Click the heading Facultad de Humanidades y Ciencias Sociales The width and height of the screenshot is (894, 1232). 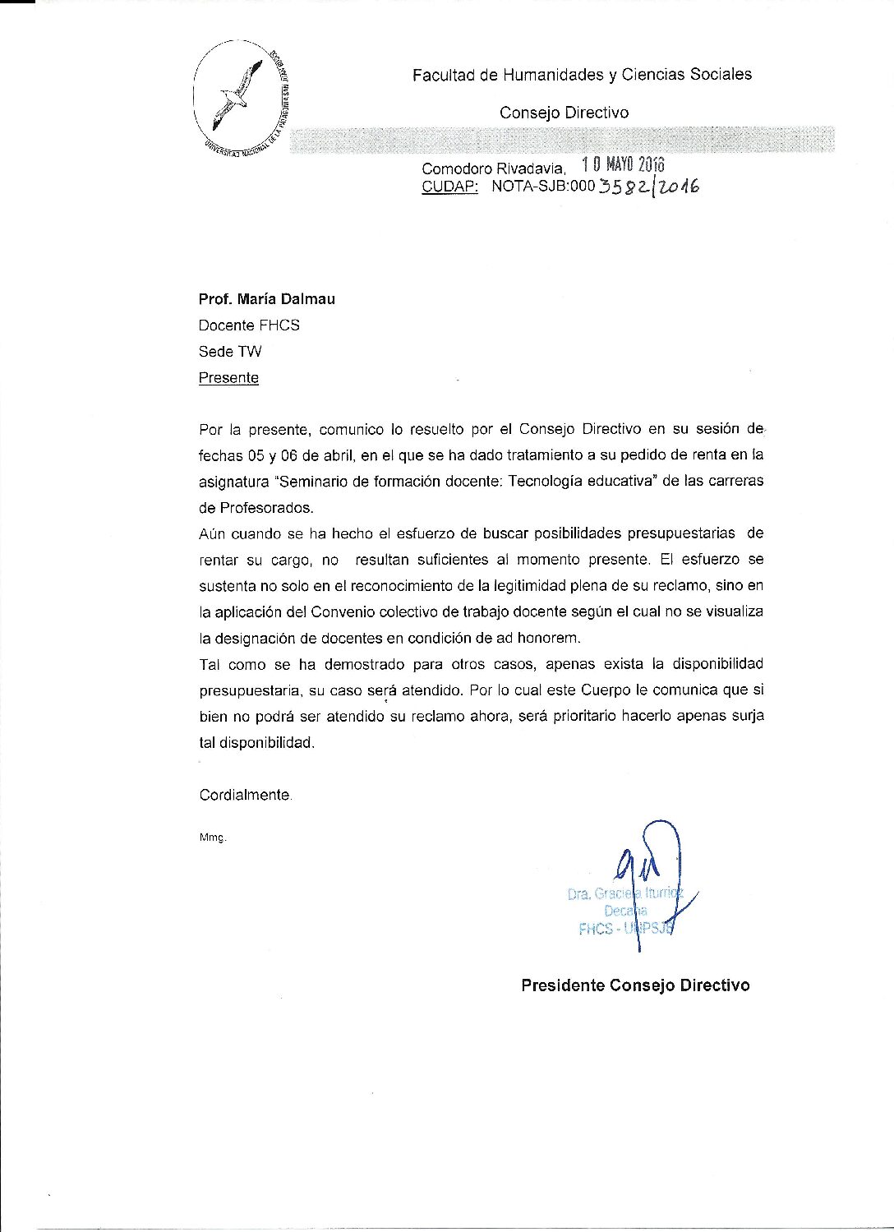tap(582, 75)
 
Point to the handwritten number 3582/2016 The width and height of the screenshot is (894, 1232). tap(648, 187)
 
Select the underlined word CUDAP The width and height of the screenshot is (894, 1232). tap(449, 187)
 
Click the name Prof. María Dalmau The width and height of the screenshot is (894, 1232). tap(266, 299)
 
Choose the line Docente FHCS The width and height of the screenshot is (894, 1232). tap(249, 325)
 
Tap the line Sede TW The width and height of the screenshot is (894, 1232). tap(230, 352)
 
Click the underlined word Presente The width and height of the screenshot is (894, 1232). tap(228, 378)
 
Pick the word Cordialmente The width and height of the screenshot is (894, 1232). tap(245, 795)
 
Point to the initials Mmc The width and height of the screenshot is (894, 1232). tap(212, 837)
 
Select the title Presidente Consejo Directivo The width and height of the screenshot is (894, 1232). tap(635, 985)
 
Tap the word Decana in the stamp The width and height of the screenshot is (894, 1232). tap(625, 911)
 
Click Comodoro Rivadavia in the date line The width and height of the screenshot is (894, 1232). tap(493, 168)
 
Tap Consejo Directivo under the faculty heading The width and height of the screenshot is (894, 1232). tap(564, 113)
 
